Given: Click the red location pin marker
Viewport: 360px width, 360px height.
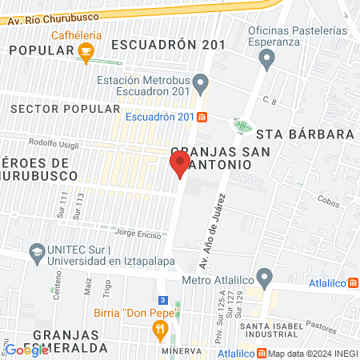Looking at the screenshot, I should pyautogui.click(x=179, y=166).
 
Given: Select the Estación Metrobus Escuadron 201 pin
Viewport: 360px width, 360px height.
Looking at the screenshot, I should pyautogui.click(x=202, y=81).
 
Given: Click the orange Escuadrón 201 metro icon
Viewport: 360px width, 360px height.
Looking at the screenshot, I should pyautogui.click(x=202, y=117).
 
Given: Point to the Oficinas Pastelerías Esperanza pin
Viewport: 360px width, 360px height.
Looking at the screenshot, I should pyautogui.click(x=268, y=57).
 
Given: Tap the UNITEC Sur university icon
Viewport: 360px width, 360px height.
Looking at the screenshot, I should pyautogui.click(x=36, y=254).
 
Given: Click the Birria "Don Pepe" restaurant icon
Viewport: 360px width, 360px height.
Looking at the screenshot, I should pyautogui.click(x=160, y=328).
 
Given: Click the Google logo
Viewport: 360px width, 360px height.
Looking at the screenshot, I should pyautogui.click(x=26, y=350).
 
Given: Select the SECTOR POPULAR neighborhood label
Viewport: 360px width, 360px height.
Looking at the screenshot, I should pyautogui.click(x=62, y=107).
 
